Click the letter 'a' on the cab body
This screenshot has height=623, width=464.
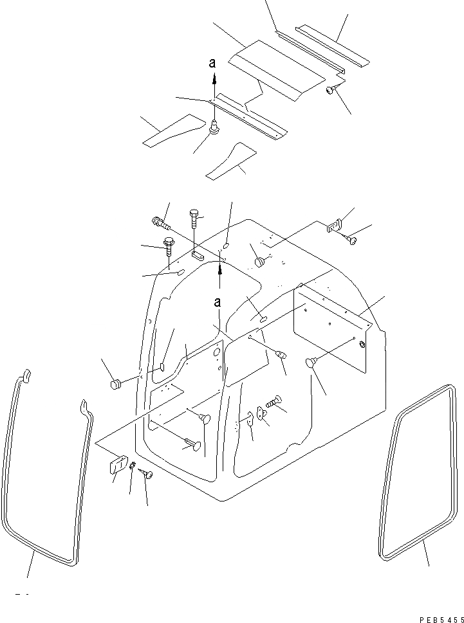[219, 302]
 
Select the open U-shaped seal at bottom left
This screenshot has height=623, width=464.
[45, 476]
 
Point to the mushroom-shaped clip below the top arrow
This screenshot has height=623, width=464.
[216, 129]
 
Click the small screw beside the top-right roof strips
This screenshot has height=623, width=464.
[330, 91]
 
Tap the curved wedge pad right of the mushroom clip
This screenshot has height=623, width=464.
[231, 162]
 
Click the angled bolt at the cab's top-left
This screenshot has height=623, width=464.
[160, 222]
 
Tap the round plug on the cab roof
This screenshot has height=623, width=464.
[259, 262]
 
